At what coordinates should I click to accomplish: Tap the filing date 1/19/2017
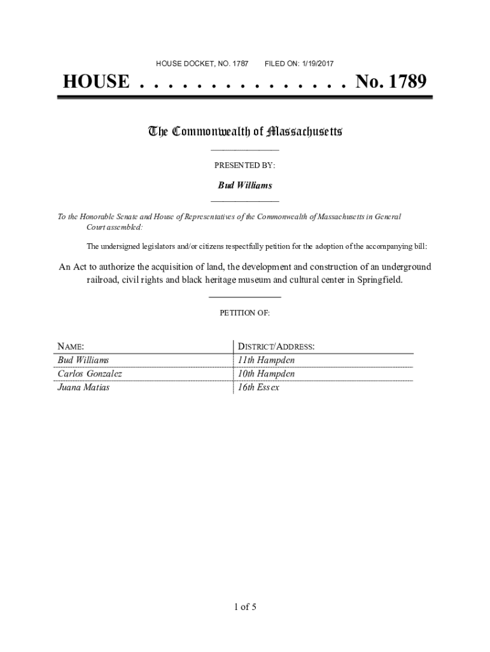[x=314, y=64]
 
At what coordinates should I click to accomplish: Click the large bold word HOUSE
[x=96, y=82]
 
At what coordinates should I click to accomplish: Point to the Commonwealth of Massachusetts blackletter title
[x=245, y=132]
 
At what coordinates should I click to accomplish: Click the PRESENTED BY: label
[x=245, y=166]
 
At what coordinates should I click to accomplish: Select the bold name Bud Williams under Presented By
[x=245, y=185]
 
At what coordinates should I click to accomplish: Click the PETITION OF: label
[x=245, y=313]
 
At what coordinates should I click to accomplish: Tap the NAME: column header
[x=71, y=347]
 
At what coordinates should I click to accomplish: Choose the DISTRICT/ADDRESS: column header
[x=276, y=347]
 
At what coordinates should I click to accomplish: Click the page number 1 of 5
[x=245, y=607]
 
